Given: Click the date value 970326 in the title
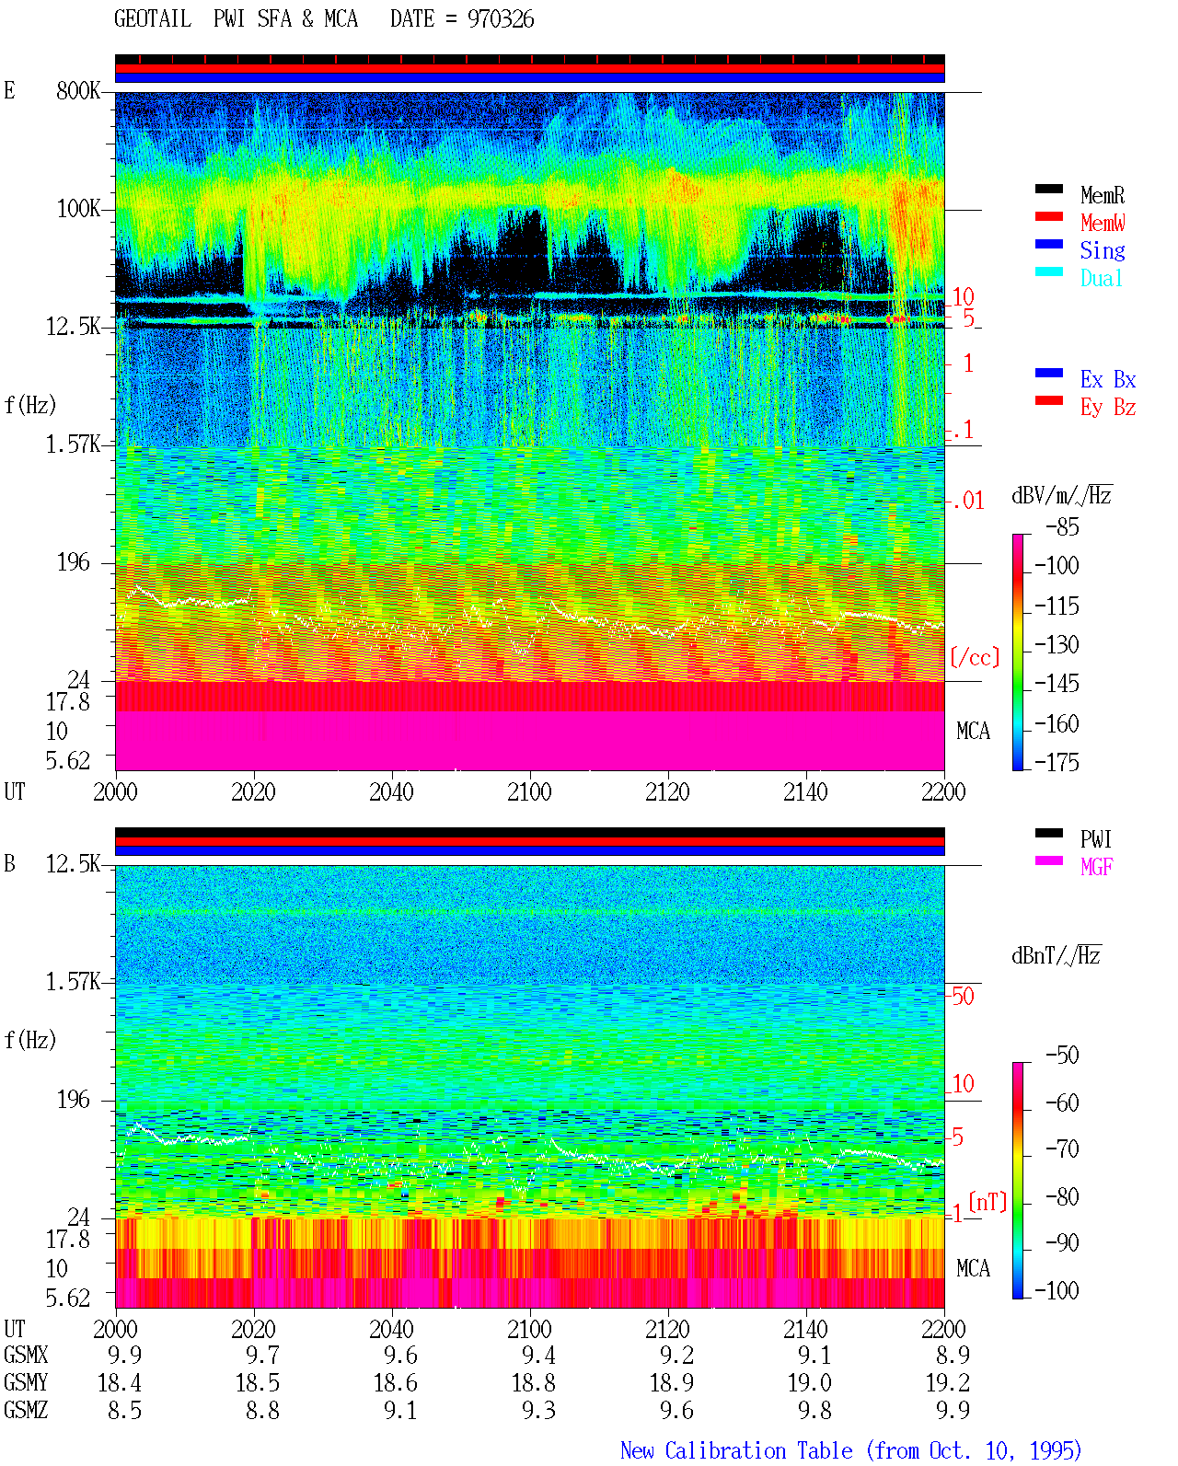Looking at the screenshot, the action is (x=500, y=19).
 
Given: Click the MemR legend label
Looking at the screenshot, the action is (x=1103, y=195).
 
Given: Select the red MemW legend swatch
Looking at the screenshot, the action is (x=1048, y=216).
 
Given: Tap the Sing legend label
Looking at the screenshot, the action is (x=1103, y=250).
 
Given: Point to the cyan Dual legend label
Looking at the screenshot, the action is (x=1102, y=278).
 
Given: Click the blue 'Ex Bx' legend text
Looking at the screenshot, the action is (x=1108, y=379).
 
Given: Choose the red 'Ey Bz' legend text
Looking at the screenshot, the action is (x=1108, y=408).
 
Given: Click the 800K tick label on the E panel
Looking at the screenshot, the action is (x=78, y=90).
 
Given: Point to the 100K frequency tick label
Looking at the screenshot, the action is (x=78, y=209).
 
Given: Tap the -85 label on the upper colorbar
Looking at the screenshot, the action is (x=1062, y=527).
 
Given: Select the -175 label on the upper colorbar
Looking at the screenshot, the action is (x=1057, y=762).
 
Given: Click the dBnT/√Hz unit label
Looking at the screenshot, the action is (x=1056, y=955).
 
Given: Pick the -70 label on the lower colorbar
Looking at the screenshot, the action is (x=1062, y=1149).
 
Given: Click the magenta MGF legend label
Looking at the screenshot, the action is (x=1096, y=867).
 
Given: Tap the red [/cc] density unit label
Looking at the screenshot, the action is (x=975, y=657).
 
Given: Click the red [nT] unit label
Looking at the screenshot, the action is (x=987, y=1202).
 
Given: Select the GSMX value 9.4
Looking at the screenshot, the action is (x=538, y=1356).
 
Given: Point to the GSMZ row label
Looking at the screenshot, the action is (x=26, y=1410).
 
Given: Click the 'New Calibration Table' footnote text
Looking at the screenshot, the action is (x=736, y=1451).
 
